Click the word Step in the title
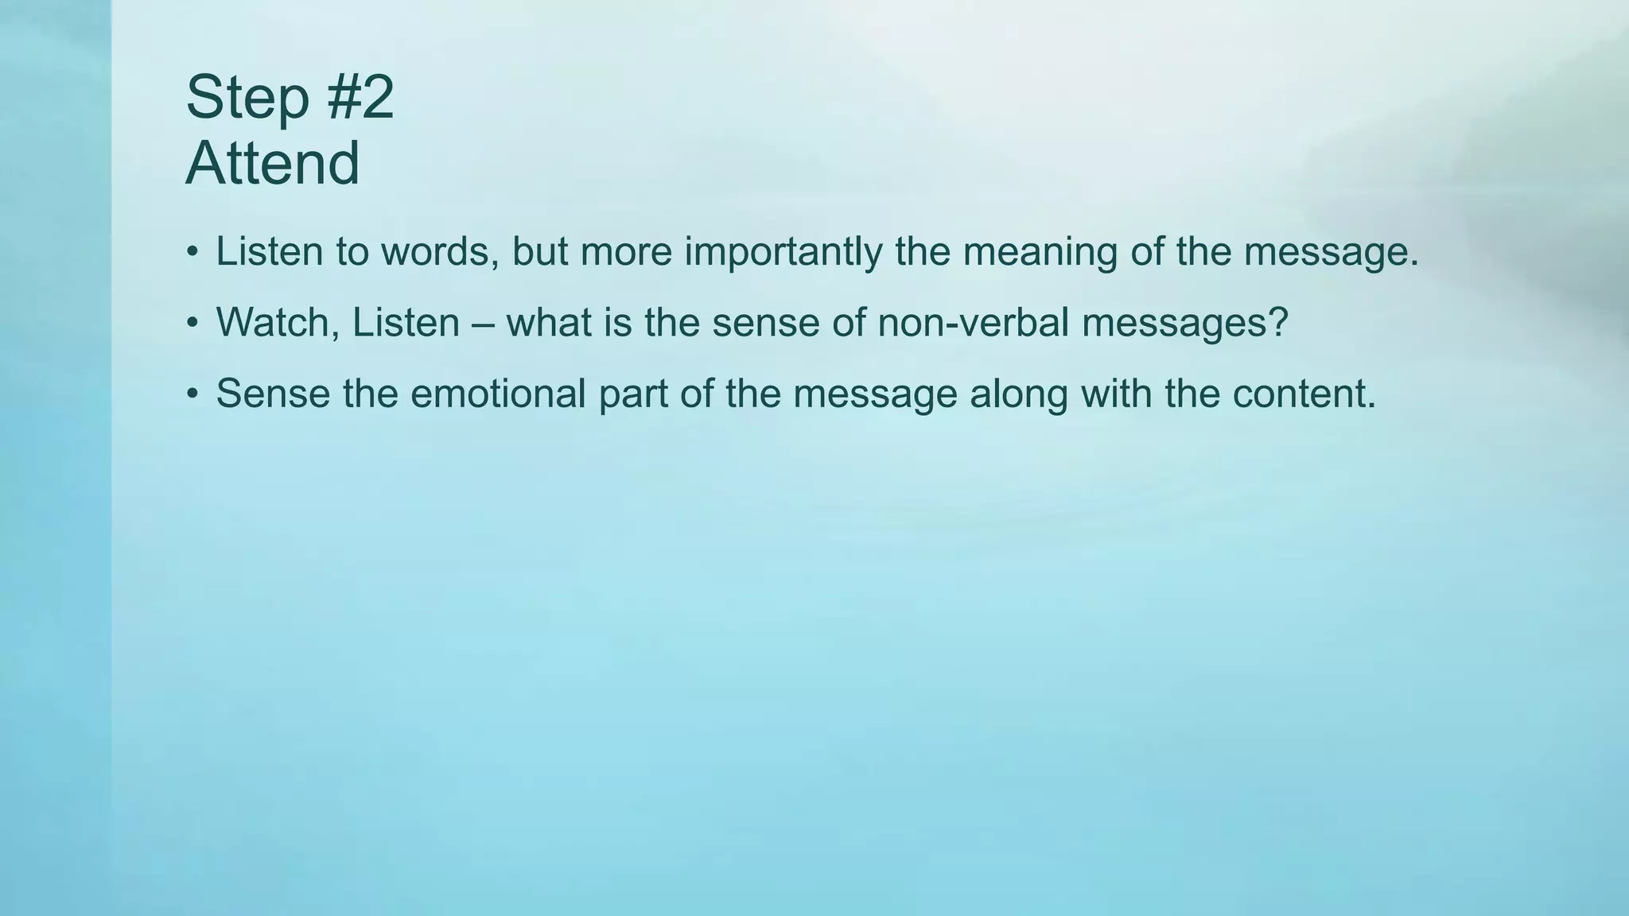[247, 98]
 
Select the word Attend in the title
[273, 164]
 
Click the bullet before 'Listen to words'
[192, 253]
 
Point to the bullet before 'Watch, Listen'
[192, 324]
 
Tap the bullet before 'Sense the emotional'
[192, 394]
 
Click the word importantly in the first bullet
[783, 252]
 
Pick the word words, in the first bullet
[440, 252]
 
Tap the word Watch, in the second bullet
[278, 323]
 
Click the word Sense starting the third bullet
[273, 394]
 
